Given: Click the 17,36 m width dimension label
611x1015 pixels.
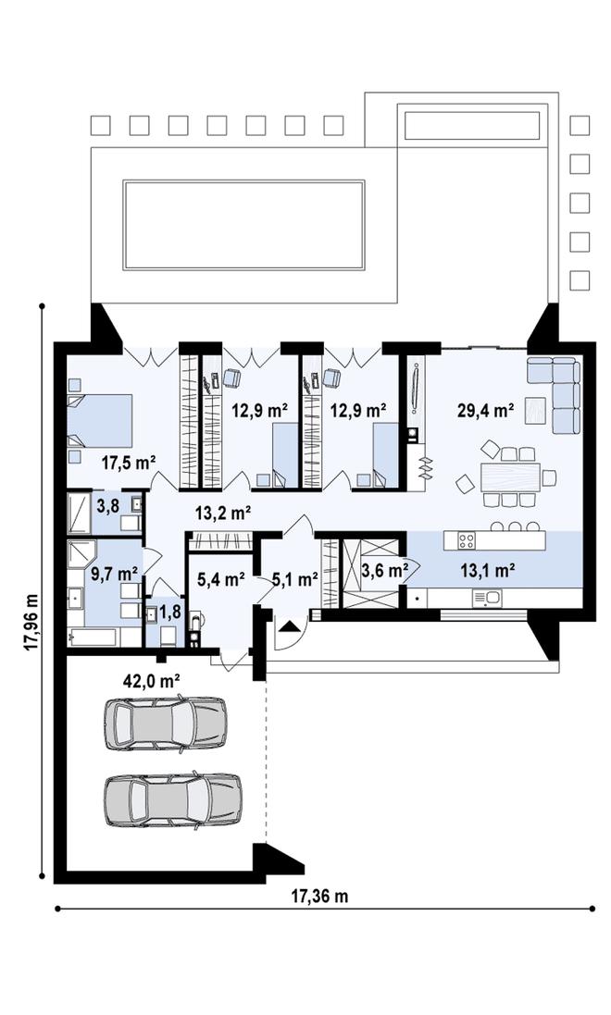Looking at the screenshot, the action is tap(319, 896).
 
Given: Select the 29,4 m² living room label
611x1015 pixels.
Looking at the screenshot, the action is tap(486, 411).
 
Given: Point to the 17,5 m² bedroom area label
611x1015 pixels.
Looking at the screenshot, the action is tap(129, 463).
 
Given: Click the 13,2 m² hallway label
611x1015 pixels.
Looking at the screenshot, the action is tap(223, 514).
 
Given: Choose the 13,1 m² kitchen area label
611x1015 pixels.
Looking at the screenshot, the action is tap(488, 570).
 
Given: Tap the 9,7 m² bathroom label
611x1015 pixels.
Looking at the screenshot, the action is tap(114, 573).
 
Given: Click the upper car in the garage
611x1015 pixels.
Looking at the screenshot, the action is tap(165, 723).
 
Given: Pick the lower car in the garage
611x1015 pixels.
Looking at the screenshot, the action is tap(173, 800).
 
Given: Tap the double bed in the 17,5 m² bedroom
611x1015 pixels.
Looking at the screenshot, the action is tap(100, 421).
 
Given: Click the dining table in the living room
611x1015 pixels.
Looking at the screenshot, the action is tap(510, 477).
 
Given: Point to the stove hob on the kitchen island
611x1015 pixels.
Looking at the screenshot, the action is tap(467, 540).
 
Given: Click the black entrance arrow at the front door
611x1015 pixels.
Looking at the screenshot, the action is tap(289, 625).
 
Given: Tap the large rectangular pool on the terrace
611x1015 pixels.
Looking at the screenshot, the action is tap(243, 225).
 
